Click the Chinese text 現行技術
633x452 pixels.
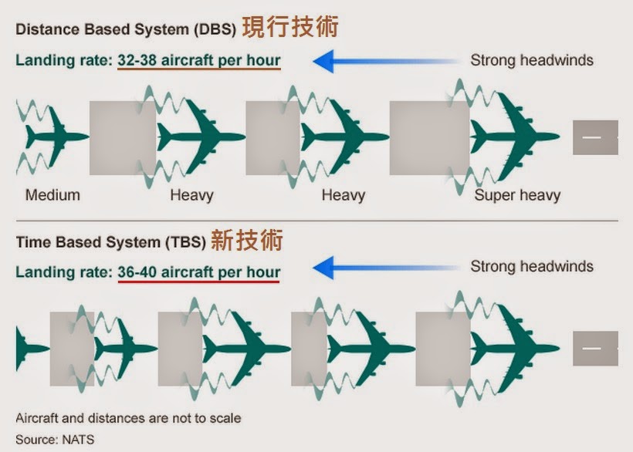290,28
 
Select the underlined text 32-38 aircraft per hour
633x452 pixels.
199,60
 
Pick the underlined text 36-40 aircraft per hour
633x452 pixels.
199,272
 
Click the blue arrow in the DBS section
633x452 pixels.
386,60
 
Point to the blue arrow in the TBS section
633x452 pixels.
386,268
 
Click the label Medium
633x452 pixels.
52,194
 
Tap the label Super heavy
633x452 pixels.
517,194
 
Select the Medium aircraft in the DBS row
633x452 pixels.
56,137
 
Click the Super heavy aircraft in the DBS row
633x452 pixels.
513,137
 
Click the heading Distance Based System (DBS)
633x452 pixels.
125,29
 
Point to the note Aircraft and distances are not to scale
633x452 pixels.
128,418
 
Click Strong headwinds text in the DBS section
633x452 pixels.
532,60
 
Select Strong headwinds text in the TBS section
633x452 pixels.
532,267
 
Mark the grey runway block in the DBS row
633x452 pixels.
595,137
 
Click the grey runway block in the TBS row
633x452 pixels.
595,349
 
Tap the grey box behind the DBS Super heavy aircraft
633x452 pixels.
429,137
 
